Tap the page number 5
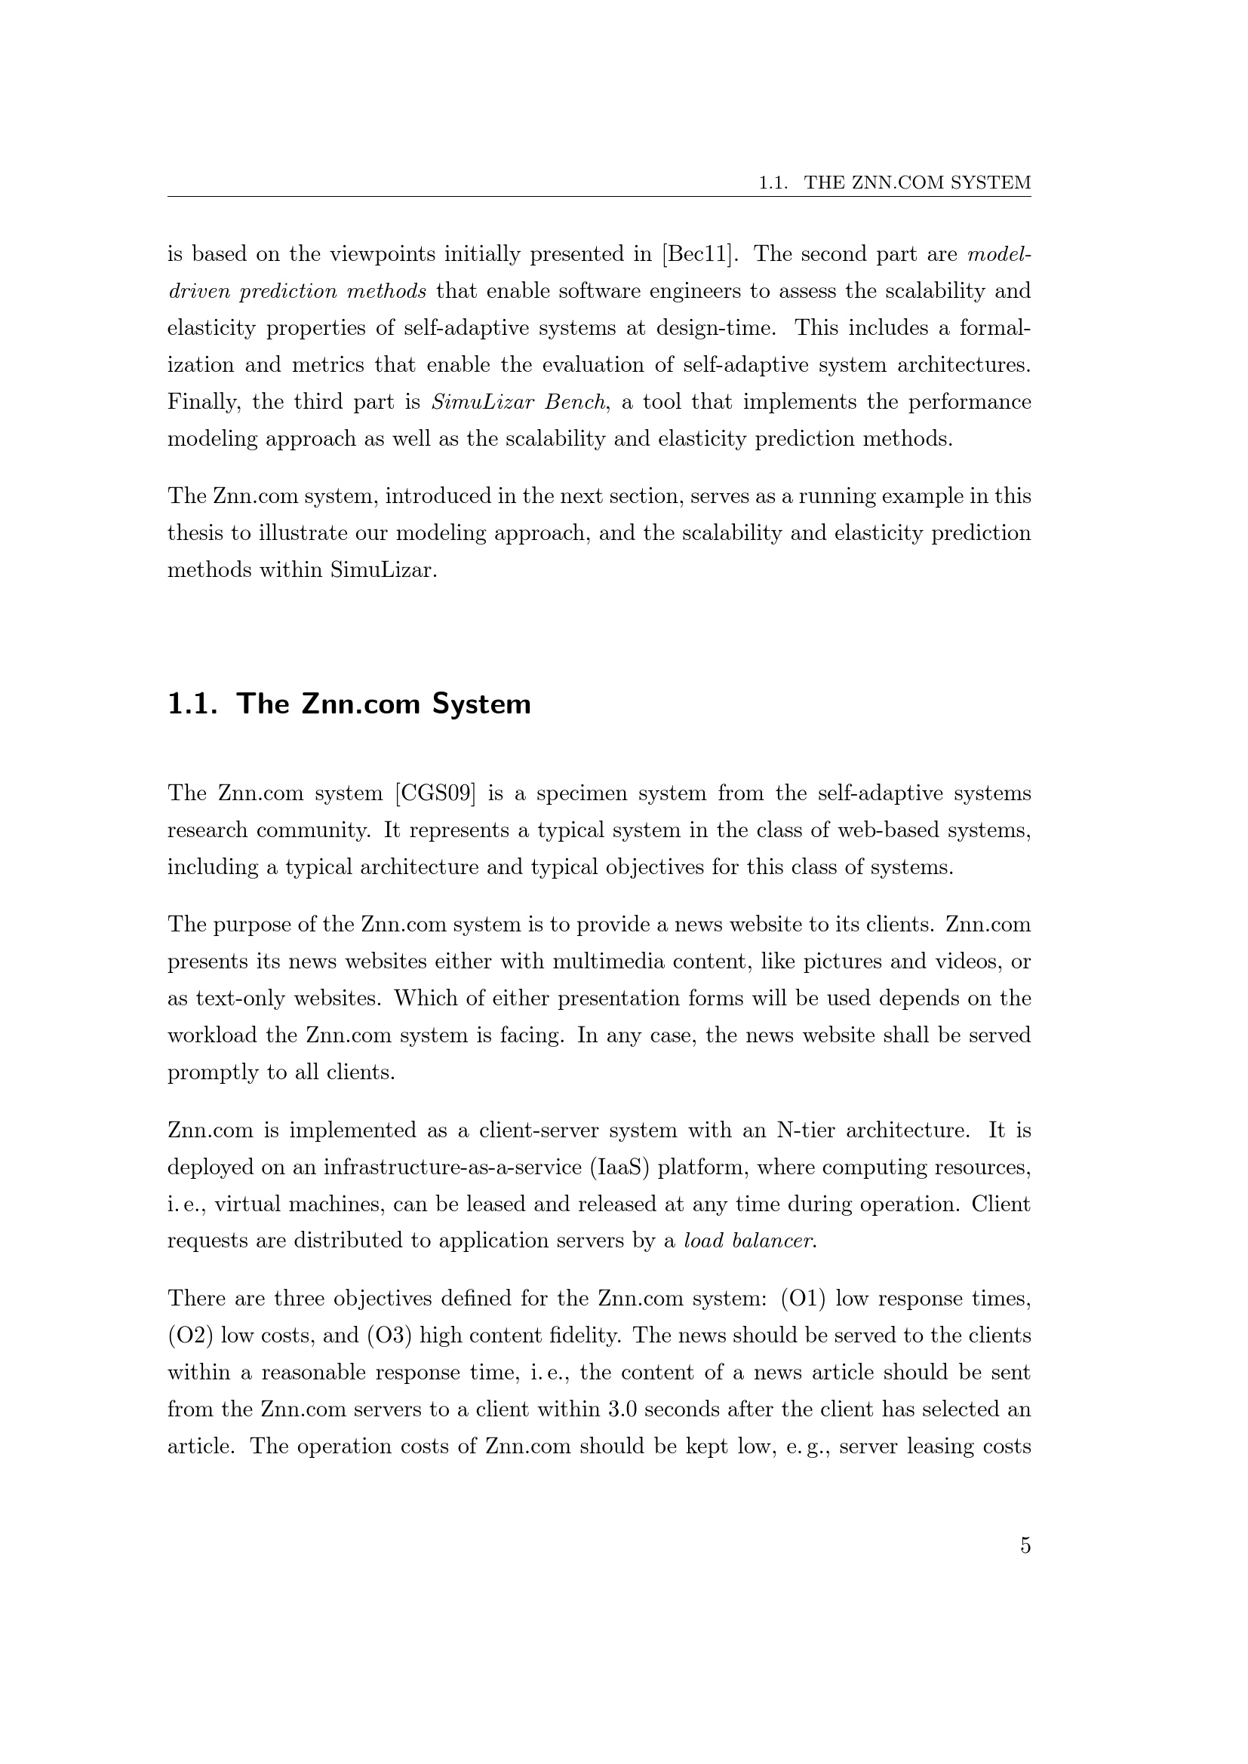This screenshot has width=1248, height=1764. [x=1025, y=1546]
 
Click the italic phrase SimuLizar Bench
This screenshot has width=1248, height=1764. [x=518, y=403]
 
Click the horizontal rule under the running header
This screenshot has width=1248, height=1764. [x=599, y=197]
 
